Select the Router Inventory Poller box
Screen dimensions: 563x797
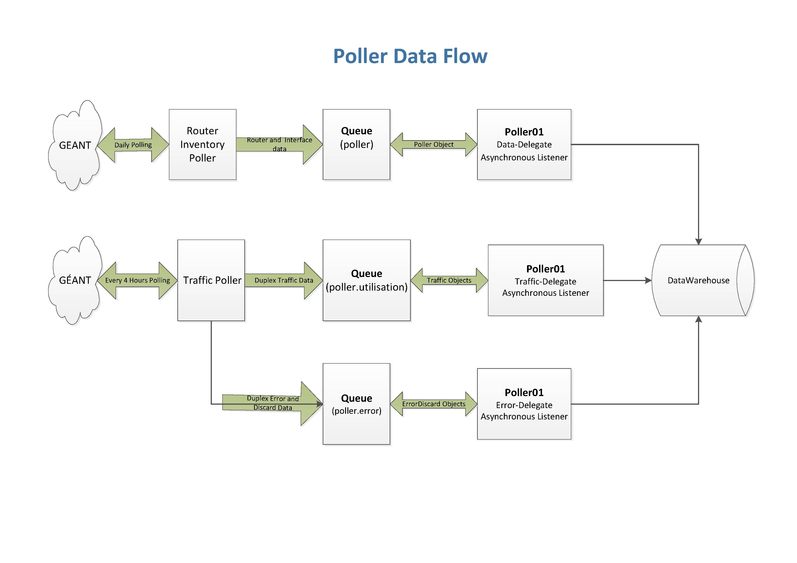click(202, 144)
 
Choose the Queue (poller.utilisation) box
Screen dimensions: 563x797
click(366, 280)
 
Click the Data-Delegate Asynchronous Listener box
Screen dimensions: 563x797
click(524, 144)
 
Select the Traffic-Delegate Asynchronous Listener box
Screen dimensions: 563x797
click(545, 280)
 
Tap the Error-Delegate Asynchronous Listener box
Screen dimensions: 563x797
click(524, 404)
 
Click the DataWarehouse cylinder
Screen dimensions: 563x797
click(698, 280)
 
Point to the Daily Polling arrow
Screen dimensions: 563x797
click(133, 144)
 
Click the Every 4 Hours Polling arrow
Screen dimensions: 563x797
click(137, 280)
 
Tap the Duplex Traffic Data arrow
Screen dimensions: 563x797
click(284, 280)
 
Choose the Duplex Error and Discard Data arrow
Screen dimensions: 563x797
click(272, 403)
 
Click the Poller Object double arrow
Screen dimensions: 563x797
click(433, 144)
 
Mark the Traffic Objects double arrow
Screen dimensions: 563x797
click(449, 280)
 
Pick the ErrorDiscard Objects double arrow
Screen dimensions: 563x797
click(433, 404)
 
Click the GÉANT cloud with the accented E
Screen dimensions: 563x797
click(75, 280)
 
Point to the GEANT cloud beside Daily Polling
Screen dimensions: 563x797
click(75, 145)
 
